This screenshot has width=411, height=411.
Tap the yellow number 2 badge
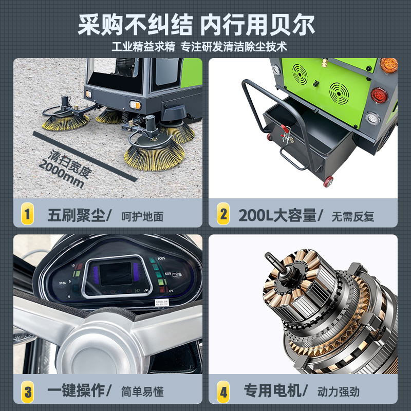[223, 215]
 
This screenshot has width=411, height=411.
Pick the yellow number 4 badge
[223, 391]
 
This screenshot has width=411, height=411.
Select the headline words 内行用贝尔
[257, 24]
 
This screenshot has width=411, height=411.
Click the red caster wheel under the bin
[327, 181]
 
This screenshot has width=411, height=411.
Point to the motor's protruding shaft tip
[268, 255]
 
